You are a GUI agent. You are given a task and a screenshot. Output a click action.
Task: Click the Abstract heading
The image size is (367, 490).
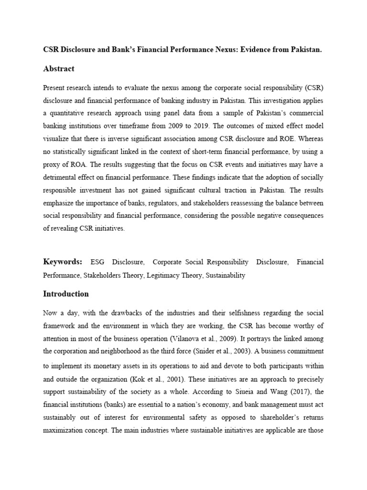pos(59,69)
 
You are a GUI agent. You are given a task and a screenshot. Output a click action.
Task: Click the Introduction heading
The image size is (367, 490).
pos(66,294)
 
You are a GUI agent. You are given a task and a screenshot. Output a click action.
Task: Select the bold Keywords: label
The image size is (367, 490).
pos(63,262)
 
